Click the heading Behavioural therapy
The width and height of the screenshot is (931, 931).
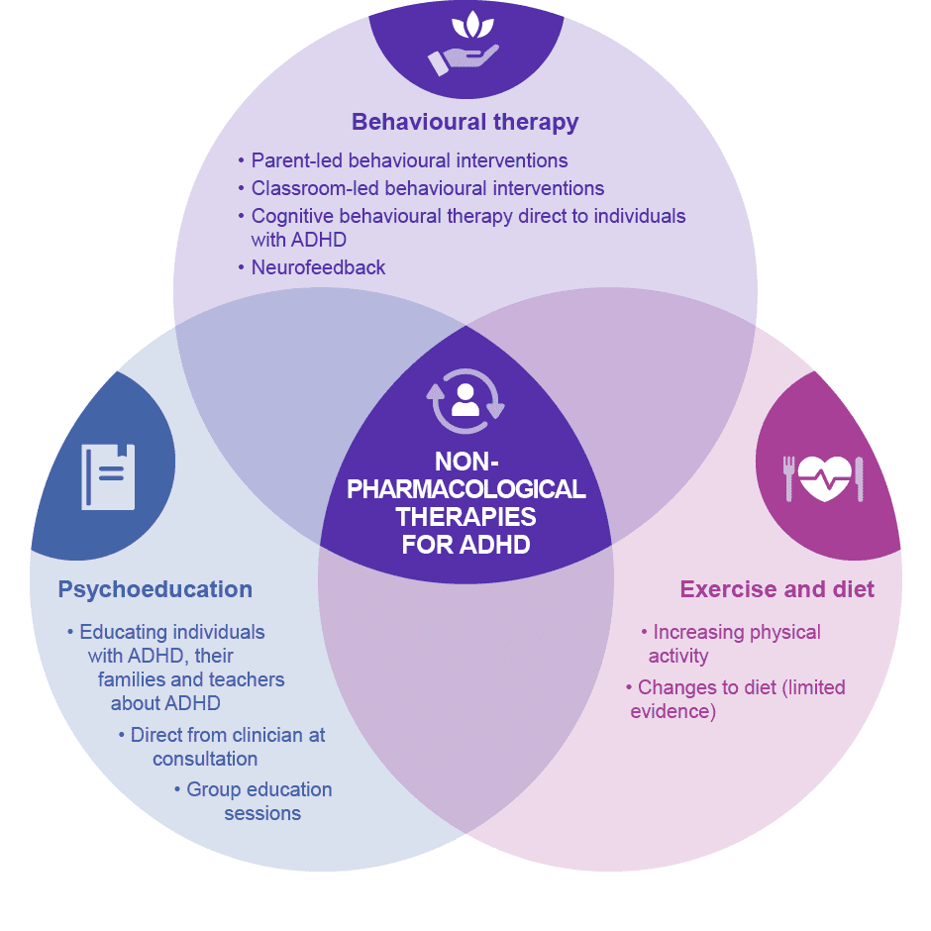465,123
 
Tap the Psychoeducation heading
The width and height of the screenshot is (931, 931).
155,589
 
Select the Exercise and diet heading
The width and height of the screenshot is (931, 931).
776,589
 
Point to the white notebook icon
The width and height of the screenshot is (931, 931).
108,476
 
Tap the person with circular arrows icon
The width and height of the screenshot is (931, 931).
465,399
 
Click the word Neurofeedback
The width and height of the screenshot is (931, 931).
318,267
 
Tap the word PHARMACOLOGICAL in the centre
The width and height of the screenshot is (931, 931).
465,489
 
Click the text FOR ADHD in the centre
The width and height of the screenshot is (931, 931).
465,544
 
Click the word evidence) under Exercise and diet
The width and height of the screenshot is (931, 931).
672,712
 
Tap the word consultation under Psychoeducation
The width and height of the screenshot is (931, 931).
205,759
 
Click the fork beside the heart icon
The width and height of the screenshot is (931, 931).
789,478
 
